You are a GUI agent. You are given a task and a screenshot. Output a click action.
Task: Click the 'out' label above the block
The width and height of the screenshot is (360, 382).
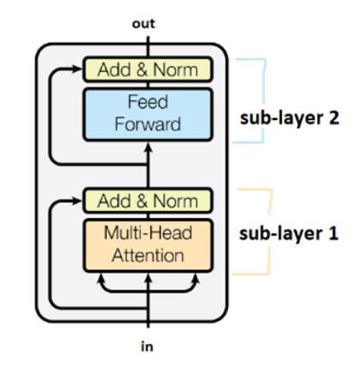click(x=143, y=24)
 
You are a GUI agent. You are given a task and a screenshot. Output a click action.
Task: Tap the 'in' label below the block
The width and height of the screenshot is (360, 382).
click(x=147, y=347)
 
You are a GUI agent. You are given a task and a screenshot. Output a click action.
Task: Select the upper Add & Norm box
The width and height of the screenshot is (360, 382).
click(x=148, y=69)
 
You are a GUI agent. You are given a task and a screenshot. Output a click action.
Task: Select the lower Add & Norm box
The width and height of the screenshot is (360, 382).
click(x=148, y=201)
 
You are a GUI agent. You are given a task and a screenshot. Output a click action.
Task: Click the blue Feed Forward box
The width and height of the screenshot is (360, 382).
click(x=148, y=114)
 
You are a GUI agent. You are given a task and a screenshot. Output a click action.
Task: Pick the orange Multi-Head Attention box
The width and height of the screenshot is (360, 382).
click(x=148, y=245)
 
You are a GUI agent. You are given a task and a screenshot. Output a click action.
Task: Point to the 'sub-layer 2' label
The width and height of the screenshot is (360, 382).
click(x=289, y=118)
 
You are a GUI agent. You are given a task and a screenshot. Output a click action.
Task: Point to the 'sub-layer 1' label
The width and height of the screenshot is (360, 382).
click(x=288, y=233)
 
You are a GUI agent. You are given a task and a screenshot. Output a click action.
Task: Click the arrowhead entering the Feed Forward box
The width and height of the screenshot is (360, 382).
click(x=148, y=148)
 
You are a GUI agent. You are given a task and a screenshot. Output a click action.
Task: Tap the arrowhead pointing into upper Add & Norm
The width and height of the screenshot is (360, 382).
click(x=77, y=69)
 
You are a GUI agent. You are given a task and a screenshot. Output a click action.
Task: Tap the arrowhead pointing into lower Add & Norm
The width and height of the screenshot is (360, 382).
click(x=77, y=201)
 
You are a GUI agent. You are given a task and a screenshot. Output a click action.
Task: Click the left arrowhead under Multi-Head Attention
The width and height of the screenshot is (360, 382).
click(x=101, y=278)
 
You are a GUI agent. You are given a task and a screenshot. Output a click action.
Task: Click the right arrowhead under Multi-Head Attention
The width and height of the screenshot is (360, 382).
click(x=196, y=278)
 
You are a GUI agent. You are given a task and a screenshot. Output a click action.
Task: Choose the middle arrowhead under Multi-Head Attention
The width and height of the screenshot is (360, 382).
click(x=148, y=278)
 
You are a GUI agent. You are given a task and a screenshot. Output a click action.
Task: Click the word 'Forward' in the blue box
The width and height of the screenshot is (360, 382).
click(x=148, y=124)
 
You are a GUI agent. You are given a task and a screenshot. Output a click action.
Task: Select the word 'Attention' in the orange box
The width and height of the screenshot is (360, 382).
click(x=148, y=256)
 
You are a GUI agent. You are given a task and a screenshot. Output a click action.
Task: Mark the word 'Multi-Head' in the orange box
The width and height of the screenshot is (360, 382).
click(x=148, y=232)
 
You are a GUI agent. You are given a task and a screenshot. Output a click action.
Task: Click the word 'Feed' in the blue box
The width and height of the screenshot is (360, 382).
click(x=148, y=102)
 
